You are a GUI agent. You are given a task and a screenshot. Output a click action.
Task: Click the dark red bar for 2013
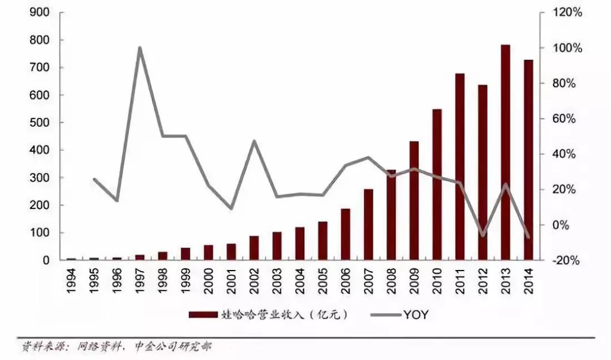click(505, 153)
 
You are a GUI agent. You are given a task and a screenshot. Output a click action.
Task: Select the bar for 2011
click(460, 167)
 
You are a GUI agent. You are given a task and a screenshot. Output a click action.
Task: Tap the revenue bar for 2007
click(368, 225)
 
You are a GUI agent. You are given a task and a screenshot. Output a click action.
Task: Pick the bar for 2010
click(437, 185)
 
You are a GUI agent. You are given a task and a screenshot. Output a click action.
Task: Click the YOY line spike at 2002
click(254, 141)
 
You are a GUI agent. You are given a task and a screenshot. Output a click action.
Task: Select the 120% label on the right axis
click(569, 12)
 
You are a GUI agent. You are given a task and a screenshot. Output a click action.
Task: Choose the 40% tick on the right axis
click(569, 154)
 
